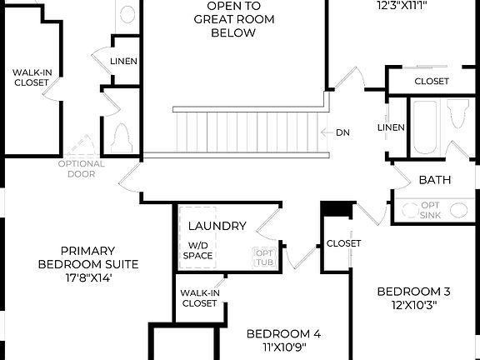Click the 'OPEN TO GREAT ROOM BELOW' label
point(232,20)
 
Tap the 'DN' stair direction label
point(342,132)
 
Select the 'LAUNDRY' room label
point(217,226)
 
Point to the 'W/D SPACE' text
point(199,250)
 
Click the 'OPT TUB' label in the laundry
point(263,257)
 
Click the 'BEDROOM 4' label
point(283,334)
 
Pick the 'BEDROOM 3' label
point(413,292)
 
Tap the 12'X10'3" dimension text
point(413,305)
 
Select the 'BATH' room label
point(435,180)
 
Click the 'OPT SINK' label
point(430,210)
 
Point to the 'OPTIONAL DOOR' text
point(82,168)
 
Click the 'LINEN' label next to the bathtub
point(391,127)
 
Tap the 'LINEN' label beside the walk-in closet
point(123,62)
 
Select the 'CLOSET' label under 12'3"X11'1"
point(432,82)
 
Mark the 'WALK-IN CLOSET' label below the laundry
point(200,297)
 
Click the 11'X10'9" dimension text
point(283,347)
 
